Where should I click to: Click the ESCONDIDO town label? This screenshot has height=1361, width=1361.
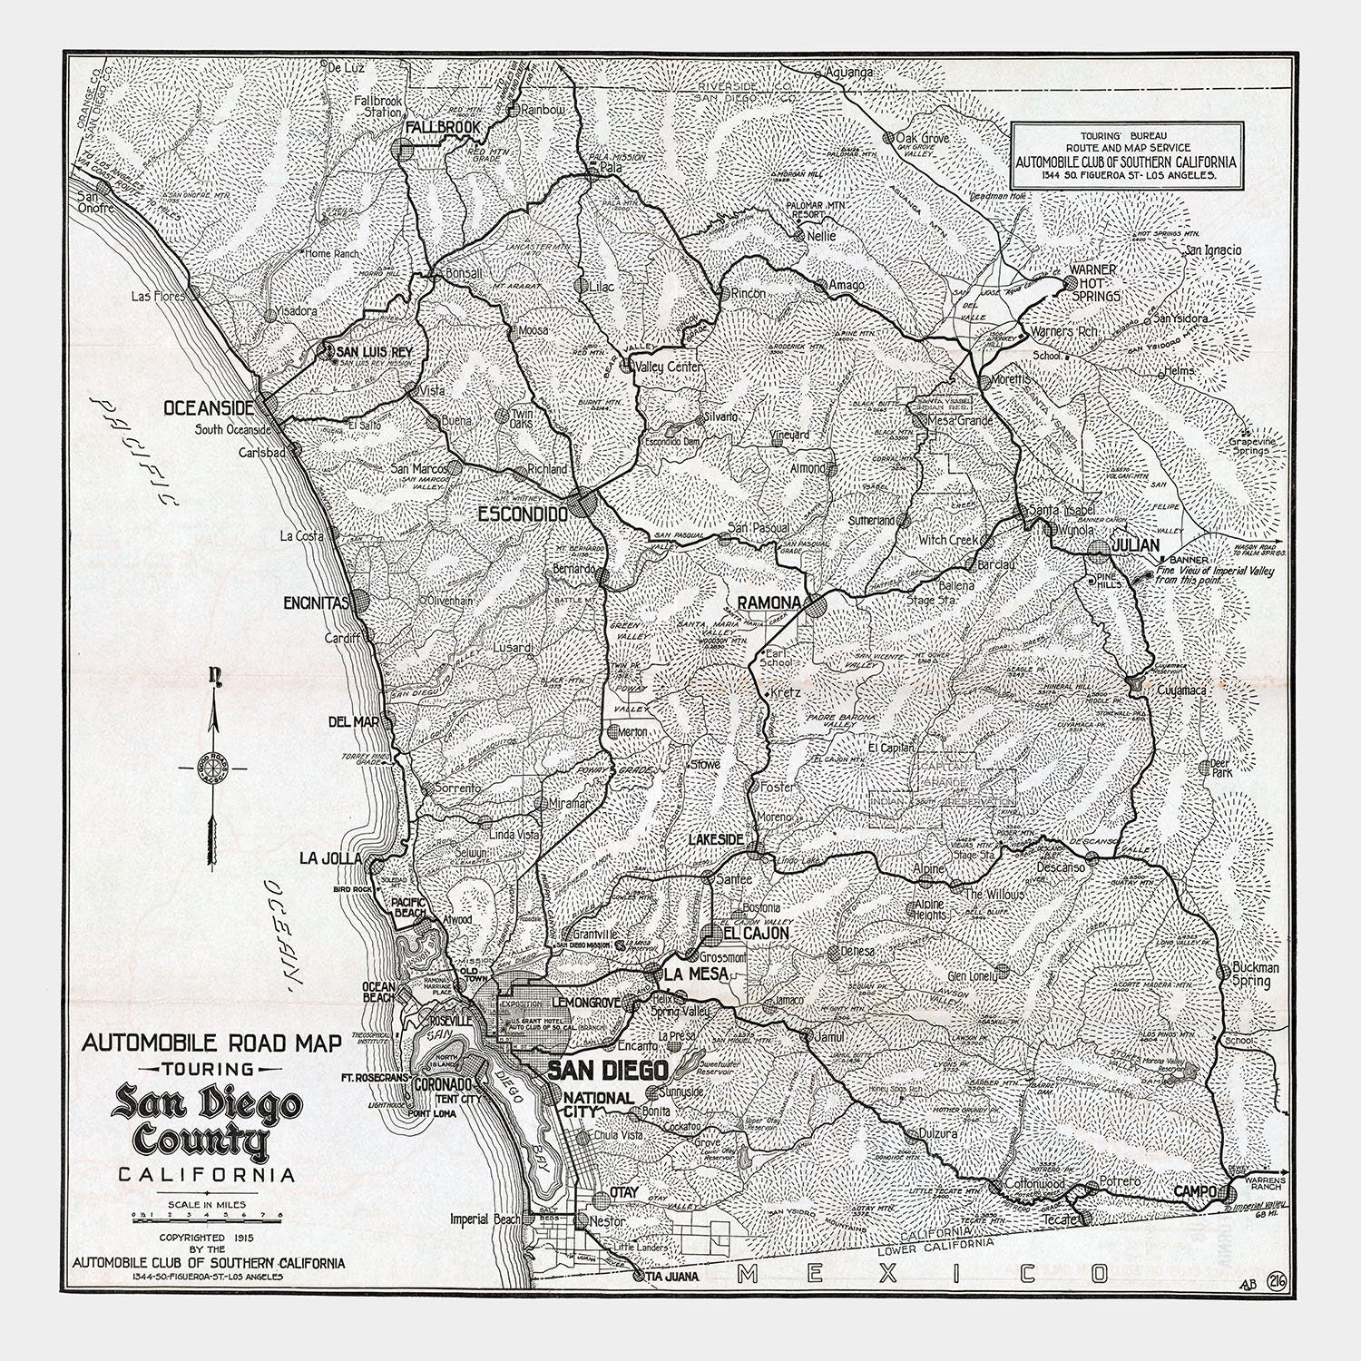524,514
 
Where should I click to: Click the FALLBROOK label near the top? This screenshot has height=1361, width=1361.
442,128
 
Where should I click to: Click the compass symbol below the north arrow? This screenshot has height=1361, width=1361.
218,767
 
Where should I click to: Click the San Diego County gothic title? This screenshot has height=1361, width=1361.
206,1124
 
